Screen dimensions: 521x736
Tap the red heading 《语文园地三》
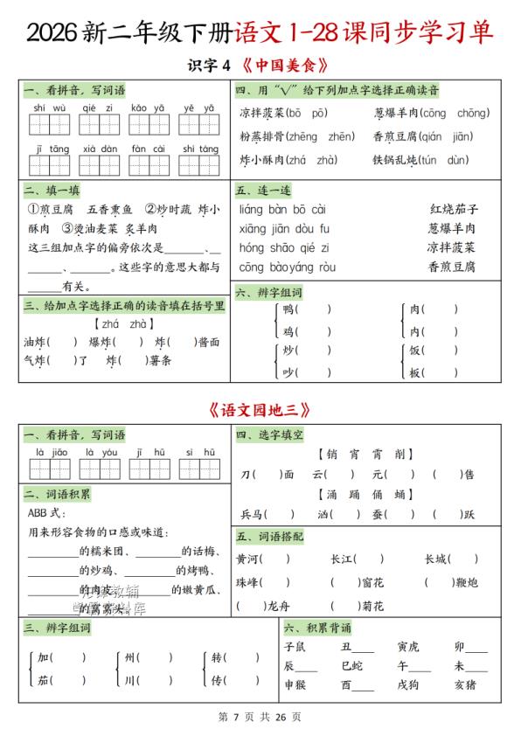pos(260,409)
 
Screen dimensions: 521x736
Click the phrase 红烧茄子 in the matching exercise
pos(454,210)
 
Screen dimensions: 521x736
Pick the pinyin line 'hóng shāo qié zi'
pos(283,248)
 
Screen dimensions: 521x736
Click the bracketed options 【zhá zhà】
pos(122,324)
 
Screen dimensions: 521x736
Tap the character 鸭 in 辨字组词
pos(288,309)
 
